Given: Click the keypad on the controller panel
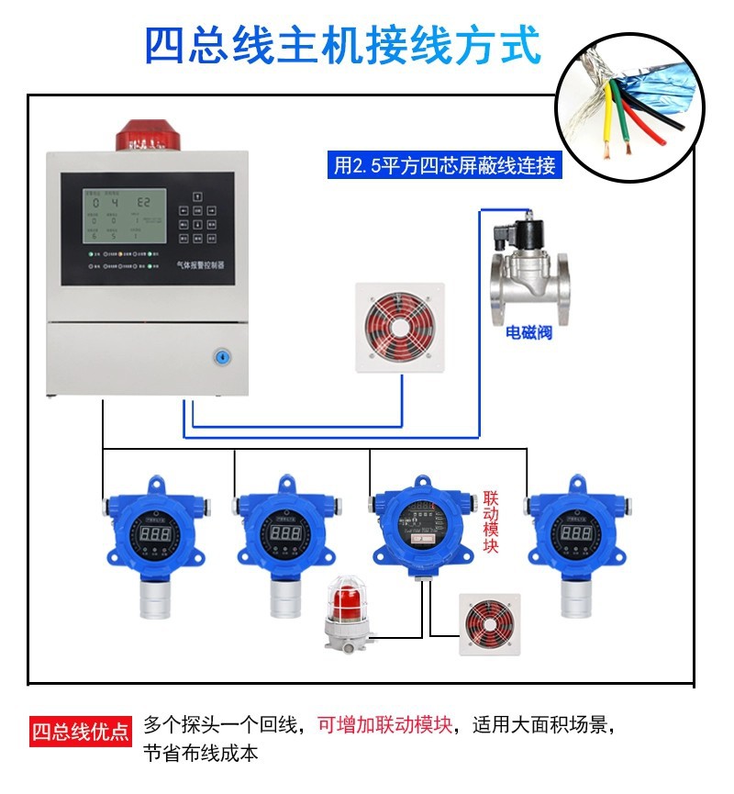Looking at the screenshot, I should [x=199, y=218].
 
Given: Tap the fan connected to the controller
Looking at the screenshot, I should [x=403, y=327].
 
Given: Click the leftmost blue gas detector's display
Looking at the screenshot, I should [x=153, y=533].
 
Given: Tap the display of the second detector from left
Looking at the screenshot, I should [x=284, y=533].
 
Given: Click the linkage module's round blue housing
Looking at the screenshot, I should [x=422, y=528].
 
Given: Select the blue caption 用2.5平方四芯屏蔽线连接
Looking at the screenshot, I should [x=444, y=166].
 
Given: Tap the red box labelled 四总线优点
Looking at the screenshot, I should [x=80, y=732].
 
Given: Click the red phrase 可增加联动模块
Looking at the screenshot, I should [x=385, y=725].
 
